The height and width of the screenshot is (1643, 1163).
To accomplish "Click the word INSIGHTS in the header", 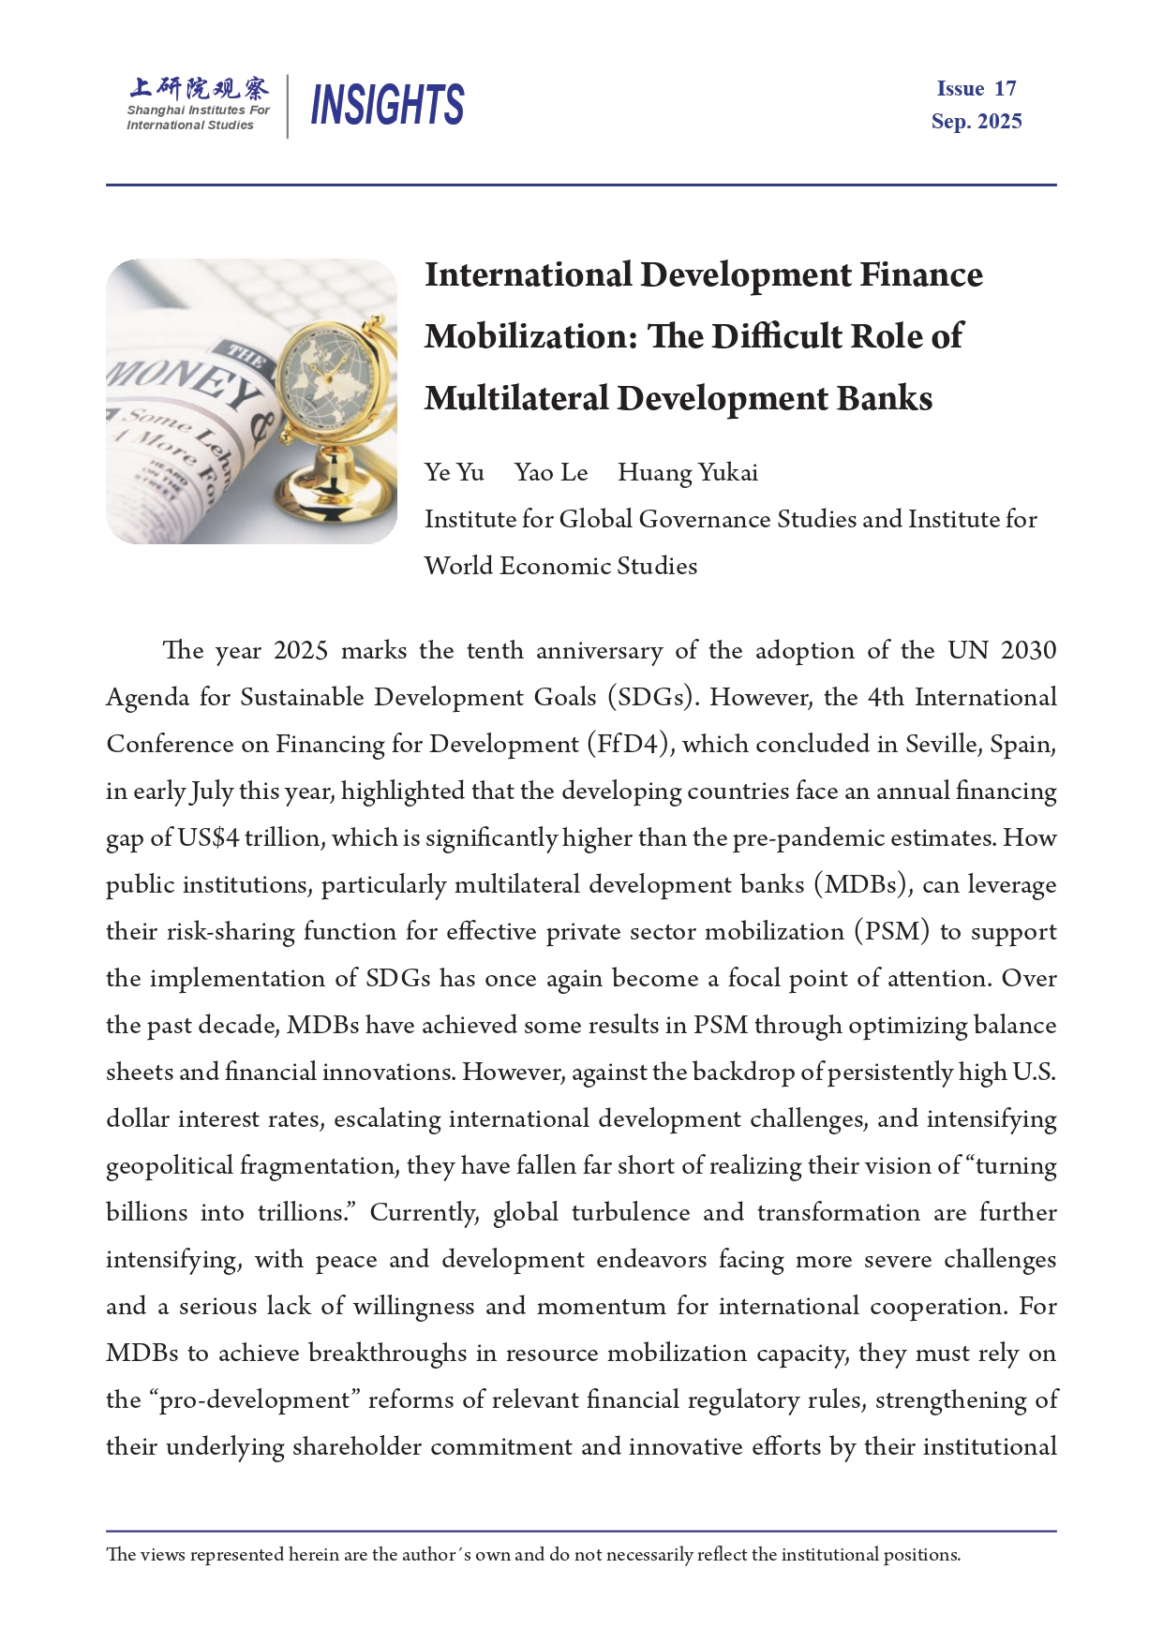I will point(387,104).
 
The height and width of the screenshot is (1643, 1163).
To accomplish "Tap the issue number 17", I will point(1005,89).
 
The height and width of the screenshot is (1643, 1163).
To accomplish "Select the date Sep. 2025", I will point(976,122).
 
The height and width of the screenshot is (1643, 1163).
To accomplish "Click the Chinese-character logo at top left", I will point(199,88).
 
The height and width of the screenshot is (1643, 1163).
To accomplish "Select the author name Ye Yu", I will point(454,473).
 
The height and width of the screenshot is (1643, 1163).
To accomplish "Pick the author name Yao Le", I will point(551,473).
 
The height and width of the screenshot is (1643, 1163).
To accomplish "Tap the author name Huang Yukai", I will point(688,473).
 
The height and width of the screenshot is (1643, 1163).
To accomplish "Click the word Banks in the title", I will point(884,399).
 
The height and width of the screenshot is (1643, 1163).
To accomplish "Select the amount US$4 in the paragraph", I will point(208,838).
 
